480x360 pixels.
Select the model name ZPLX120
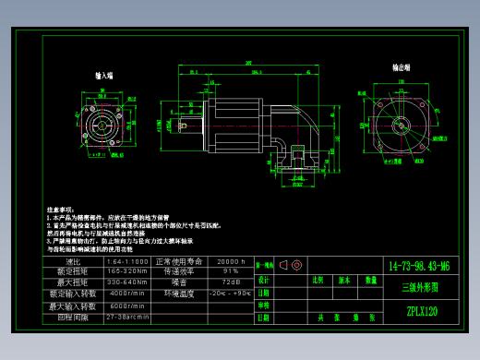421,312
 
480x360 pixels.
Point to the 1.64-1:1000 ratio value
126,262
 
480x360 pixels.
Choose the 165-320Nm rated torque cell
126,271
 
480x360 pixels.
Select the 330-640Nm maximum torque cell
126,282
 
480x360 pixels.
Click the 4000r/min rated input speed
126,293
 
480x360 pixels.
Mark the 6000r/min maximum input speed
126,306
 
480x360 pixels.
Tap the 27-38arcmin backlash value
126,317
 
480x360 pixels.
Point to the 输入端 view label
103,76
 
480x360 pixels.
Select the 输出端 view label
402,67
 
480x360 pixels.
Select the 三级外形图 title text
420,288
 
